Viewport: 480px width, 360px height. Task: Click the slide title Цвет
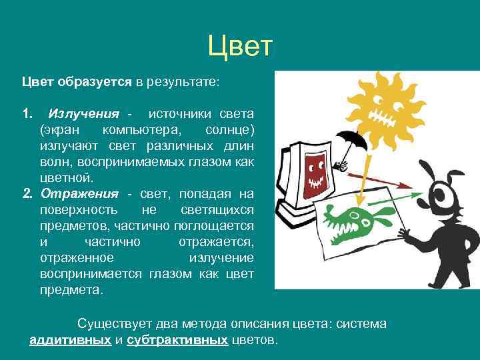coord(240,46)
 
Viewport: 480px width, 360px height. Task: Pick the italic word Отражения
coord(79,193)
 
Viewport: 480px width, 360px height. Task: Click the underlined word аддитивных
coord(70,340)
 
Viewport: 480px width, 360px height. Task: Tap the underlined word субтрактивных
coord(177,340)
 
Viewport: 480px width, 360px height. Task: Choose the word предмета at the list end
coord(71,290)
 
